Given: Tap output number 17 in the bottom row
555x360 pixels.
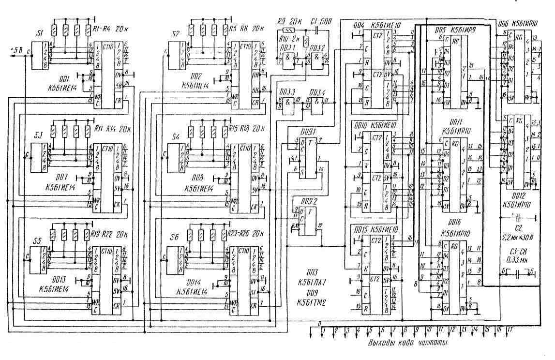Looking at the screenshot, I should tap(509, 330).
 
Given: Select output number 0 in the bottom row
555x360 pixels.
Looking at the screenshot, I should tap(319, 323).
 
